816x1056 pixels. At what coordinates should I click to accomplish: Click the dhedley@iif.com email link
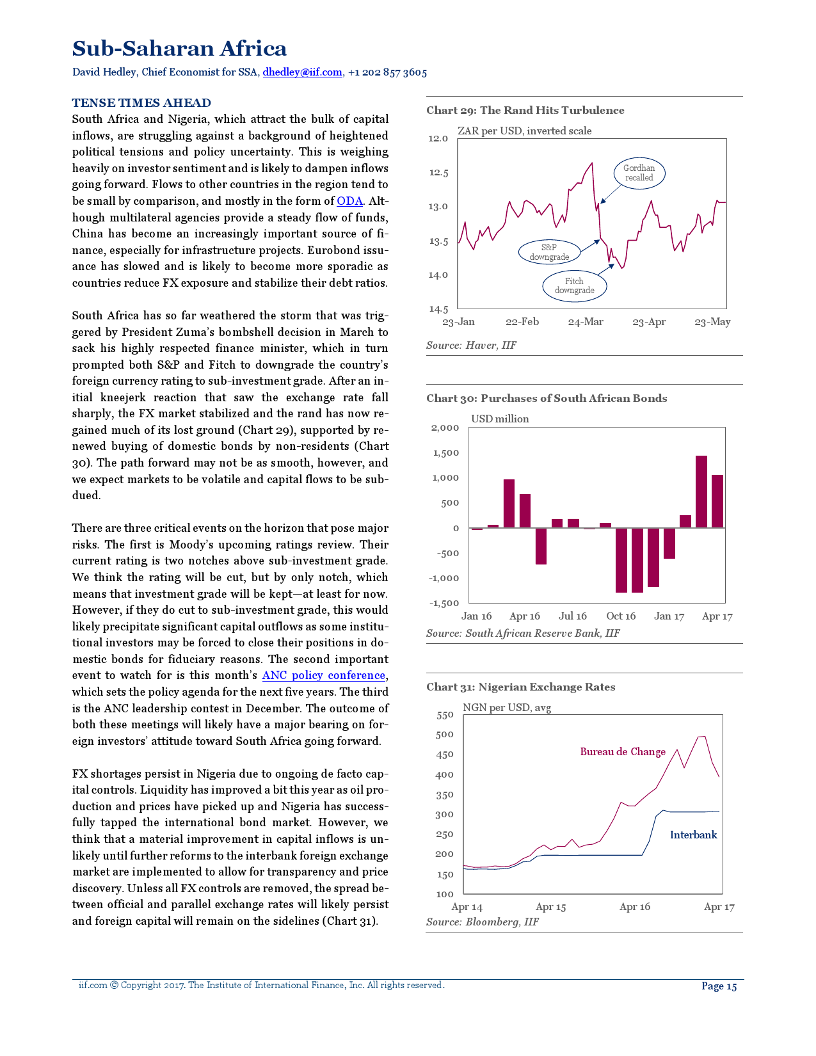(302, 72)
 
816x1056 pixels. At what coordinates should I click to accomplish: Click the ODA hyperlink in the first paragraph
(349, 201)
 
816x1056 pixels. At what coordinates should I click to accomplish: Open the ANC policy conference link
(324, 675)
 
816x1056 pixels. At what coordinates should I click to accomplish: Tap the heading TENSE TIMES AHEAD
(141, 103)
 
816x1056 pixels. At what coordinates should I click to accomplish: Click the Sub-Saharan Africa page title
(179, 49)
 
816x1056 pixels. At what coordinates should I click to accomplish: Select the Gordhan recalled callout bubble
(639, 173)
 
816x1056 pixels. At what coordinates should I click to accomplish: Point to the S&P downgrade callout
(548, 252)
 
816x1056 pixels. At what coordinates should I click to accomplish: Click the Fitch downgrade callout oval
(574, 286)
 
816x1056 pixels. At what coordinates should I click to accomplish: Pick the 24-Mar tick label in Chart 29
(586, 322)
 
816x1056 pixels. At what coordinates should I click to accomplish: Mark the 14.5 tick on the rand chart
(438, 309)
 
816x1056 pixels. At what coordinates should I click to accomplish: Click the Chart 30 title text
(547, 398)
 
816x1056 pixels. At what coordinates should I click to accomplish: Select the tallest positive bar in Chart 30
(701, 492)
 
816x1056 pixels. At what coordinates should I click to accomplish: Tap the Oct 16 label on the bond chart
(621, 616)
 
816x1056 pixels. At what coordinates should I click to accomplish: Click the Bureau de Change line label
(623, 752)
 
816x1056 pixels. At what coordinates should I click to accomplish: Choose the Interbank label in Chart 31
(693, 835)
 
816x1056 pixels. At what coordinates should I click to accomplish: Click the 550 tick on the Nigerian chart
(445, 716)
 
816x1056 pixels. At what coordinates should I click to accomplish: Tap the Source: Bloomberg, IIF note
(483, 922)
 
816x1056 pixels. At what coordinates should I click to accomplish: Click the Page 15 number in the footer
(719, 986)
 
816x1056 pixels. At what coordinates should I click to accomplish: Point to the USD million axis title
(500, 419)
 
